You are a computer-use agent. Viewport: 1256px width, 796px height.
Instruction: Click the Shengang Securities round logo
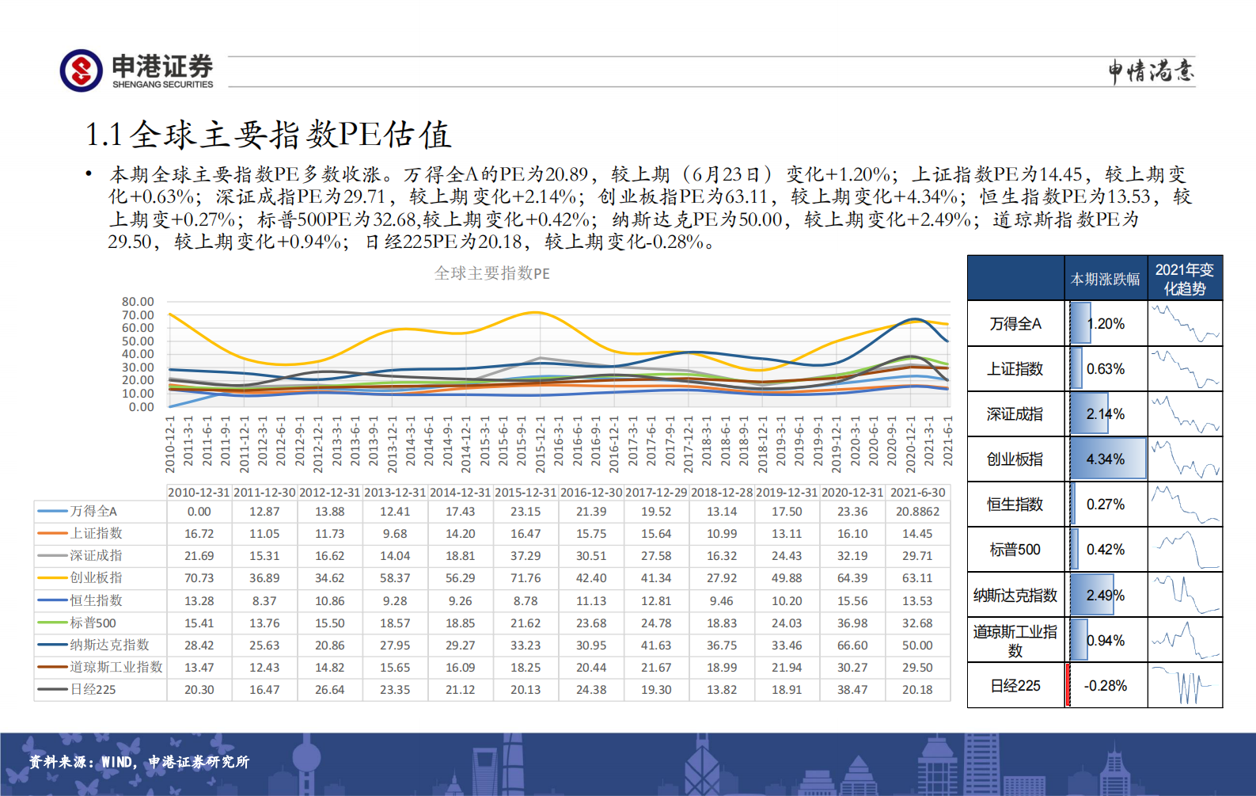(81, 70)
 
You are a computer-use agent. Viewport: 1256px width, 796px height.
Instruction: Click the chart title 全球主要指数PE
(491, 273)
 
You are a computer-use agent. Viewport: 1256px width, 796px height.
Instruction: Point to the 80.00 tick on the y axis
(138, 302)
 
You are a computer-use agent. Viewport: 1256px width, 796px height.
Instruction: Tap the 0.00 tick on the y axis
(141, 407)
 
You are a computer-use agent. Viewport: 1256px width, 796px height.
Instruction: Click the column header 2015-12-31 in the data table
(526, 493)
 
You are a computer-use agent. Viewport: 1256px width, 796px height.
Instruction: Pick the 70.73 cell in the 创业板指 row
(199, 578)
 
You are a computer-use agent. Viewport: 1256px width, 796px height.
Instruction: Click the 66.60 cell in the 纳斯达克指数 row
(852, 646)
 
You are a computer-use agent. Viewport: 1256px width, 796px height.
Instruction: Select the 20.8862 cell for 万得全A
(917, 512)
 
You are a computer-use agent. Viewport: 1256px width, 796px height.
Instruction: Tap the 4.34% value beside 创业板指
(1105, 459)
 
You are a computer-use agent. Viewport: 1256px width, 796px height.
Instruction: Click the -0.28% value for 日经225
(1105, 686)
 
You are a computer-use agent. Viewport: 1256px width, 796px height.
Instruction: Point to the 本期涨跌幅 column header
(1105, 279)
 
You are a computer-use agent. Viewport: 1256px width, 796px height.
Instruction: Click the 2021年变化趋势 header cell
(1184, 279)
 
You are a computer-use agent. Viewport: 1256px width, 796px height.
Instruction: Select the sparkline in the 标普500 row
(1185, 550)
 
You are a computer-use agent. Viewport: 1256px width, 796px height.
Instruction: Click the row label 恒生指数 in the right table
(1015, 505)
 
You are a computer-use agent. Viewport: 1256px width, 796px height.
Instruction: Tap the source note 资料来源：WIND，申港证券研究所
(139, 762)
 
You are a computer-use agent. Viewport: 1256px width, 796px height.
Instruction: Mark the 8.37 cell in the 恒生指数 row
(264, 601)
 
